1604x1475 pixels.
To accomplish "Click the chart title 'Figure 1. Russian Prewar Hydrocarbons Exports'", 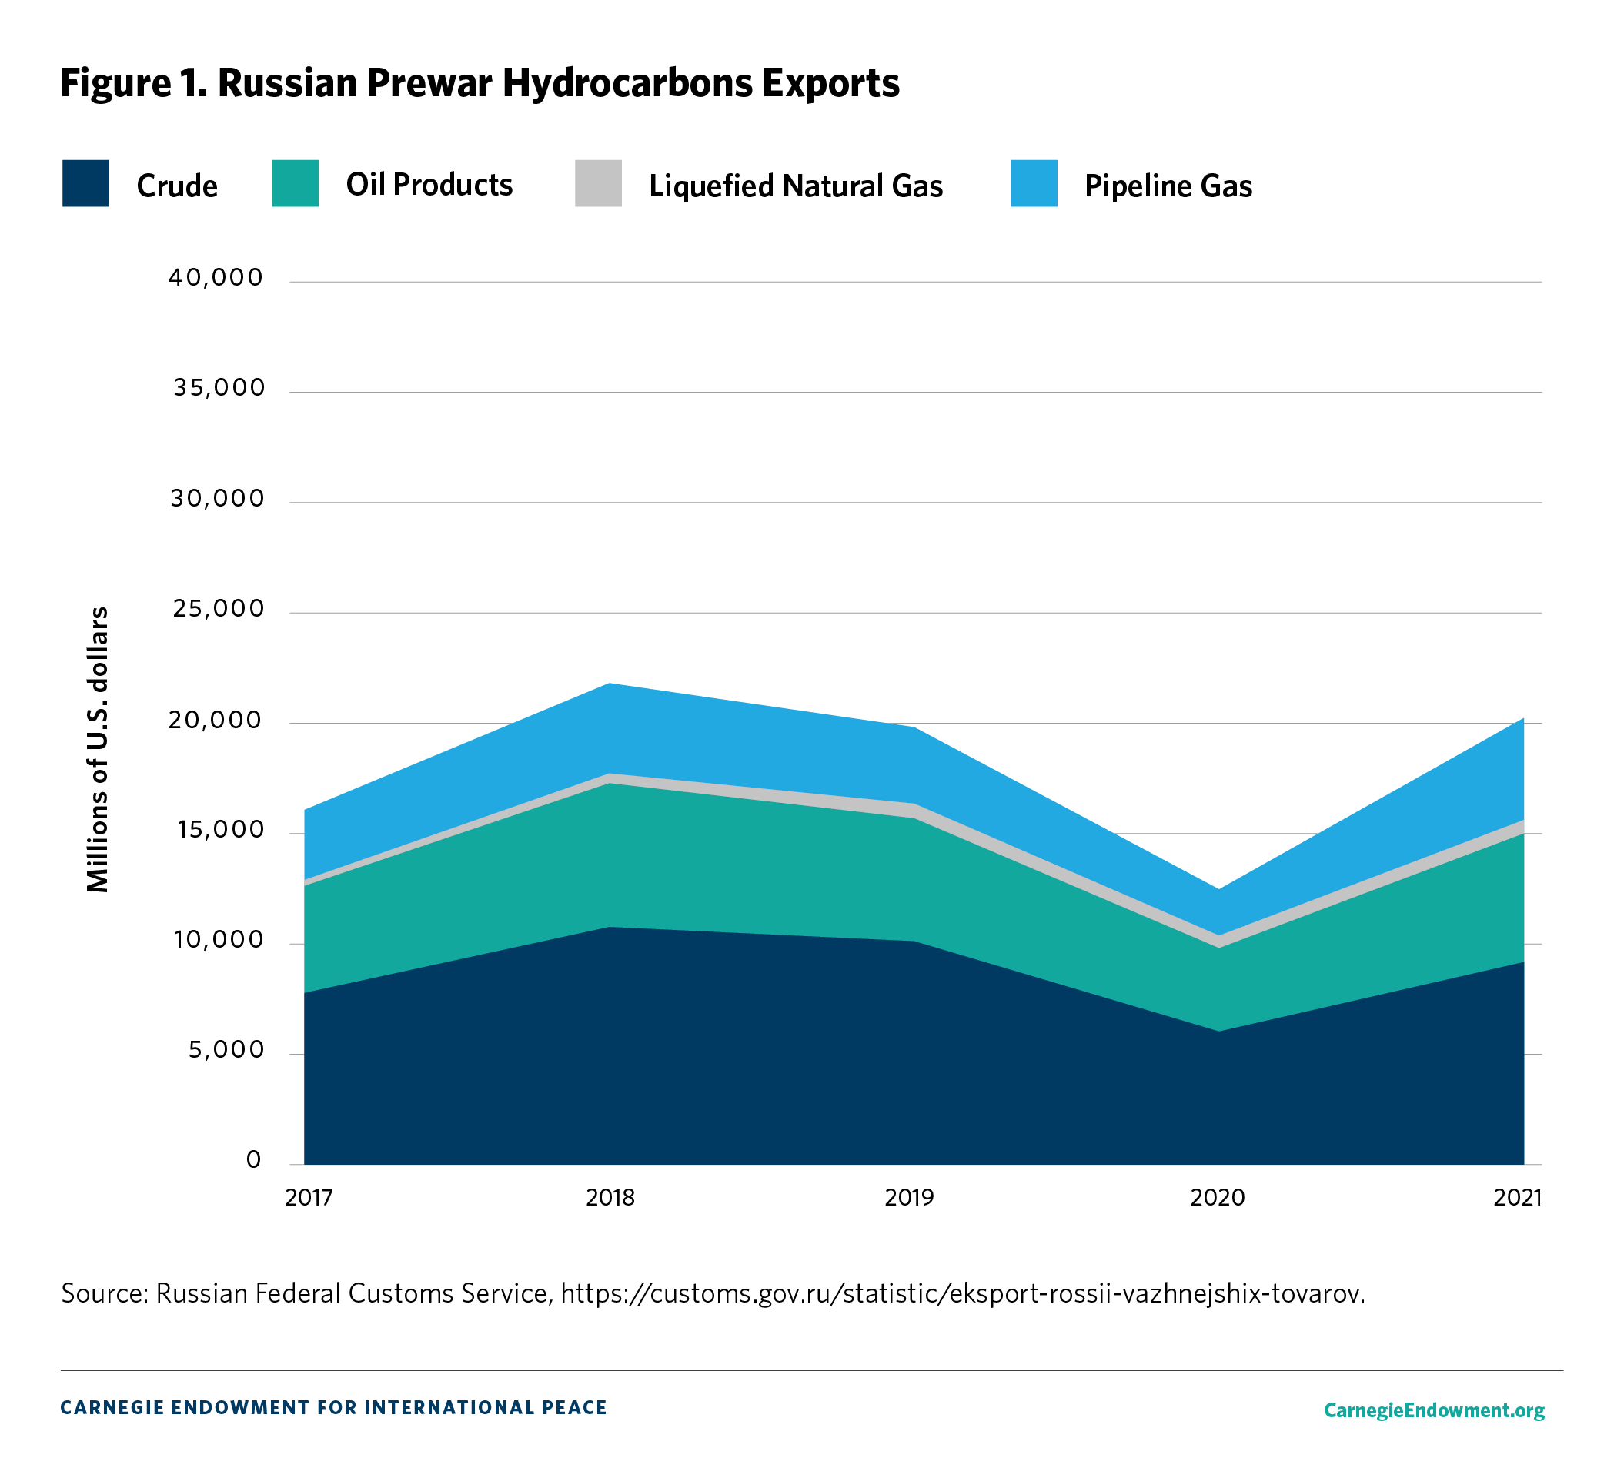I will click(480, 83).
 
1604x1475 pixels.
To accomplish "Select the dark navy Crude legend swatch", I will click(85, 183).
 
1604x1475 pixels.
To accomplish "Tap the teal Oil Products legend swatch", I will click(295, 183).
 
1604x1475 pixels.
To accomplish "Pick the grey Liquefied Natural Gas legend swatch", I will click(598, 183).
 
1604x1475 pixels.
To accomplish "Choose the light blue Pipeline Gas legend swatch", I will click(1034, 183).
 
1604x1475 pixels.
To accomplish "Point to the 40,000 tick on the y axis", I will click(216, 278).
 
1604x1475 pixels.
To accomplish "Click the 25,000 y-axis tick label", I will click(217, 609).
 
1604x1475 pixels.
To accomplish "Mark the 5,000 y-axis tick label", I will click(226, 1050).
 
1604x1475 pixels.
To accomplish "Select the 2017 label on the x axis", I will click(309, 1197).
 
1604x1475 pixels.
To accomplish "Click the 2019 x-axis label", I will click(909, 1197).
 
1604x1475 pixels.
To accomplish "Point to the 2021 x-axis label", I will click(1517, 1197).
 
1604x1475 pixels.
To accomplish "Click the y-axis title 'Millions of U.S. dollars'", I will click(97, 750).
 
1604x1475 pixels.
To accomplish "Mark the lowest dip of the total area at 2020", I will click(1218, 889).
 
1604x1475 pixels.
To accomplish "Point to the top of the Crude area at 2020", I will click(1218, 1032).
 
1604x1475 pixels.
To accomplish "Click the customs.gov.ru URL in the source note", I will click(962, 1293).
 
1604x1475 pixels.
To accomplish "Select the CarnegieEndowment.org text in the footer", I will click(1434, 1410).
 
